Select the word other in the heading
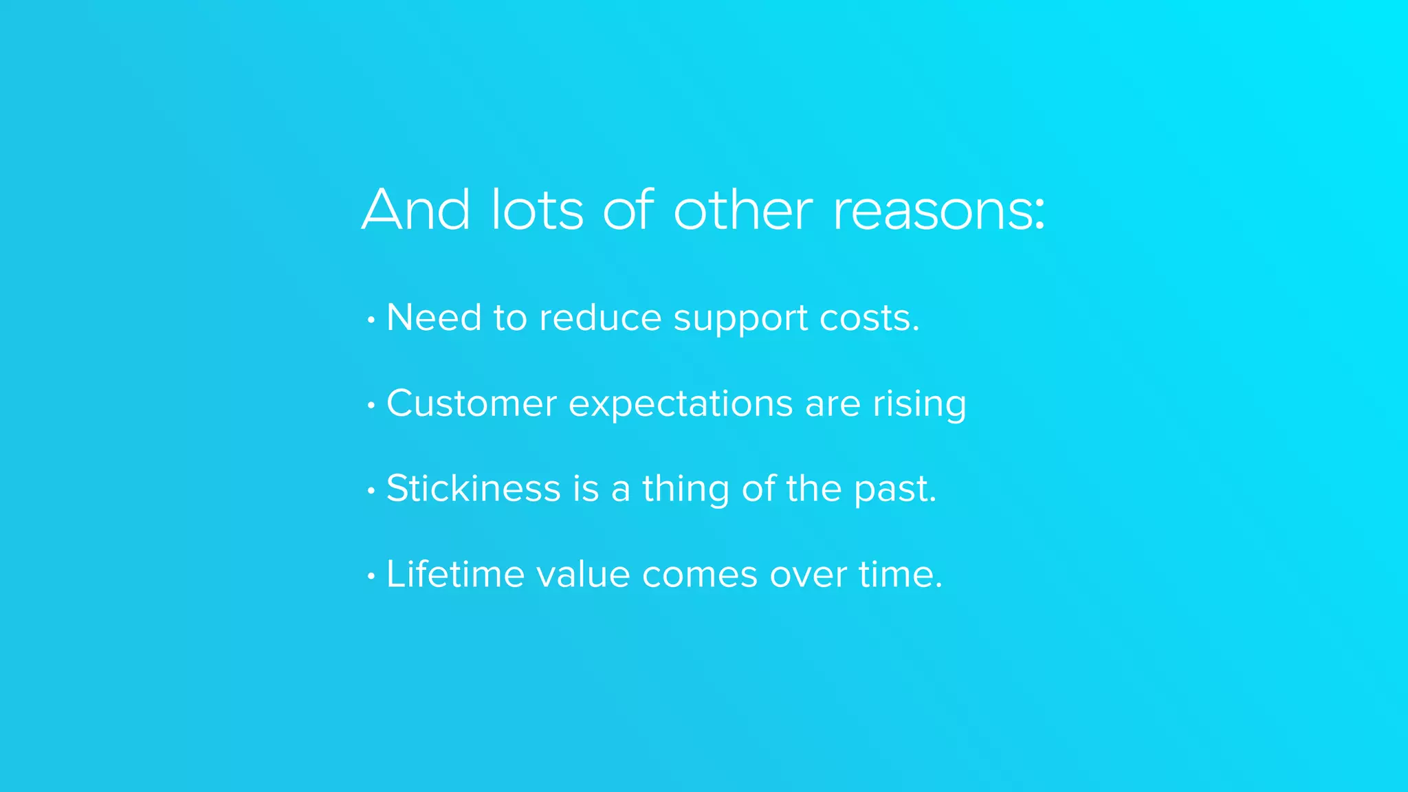[743, 210]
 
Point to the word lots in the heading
[537, 210]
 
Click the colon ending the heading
[1039, 214]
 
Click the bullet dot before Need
[371, 320]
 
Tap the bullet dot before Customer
[371, 405]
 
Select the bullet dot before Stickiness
[371, 491]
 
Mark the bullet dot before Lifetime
[371, 576]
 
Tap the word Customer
[471, 404]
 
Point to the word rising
[919, 405]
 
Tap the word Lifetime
[455, 574]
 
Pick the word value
[583, 574]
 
